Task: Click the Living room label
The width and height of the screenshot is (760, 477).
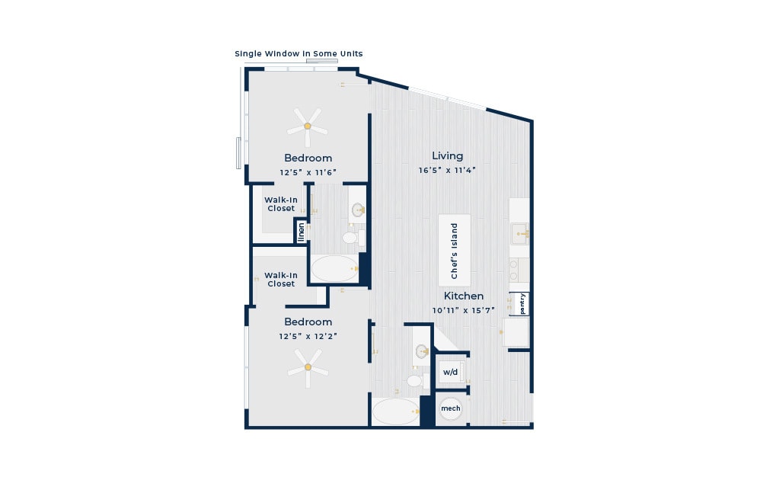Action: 447,156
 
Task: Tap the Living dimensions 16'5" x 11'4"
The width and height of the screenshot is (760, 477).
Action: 447,170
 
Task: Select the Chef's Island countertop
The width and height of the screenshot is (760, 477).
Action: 455,250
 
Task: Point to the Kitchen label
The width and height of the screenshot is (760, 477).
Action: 463,296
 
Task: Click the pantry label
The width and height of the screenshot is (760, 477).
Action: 522,304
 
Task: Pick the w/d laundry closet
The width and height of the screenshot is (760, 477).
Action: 450,372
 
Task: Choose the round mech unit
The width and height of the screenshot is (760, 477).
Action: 451,408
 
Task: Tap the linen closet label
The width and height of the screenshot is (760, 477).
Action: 301,232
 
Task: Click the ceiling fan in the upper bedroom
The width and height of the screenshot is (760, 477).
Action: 308,126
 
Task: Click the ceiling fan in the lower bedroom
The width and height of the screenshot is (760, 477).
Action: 308,367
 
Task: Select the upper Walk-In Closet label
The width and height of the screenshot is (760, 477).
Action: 281,204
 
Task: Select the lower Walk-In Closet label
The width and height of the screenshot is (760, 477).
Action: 281,279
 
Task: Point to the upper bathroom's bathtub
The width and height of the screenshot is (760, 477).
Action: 334,268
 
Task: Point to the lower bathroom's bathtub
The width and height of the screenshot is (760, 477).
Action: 396,411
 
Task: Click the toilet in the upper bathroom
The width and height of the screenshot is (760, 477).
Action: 353,238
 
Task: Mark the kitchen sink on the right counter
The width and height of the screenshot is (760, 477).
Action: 520,234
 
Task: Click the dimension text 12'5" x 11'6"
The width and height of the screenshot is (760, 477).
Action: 308,172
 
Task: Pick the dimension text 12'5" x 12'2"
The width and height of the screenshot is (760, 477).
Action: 308,336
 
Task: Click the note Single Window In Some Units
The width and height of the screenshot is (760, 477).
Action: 299,54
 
